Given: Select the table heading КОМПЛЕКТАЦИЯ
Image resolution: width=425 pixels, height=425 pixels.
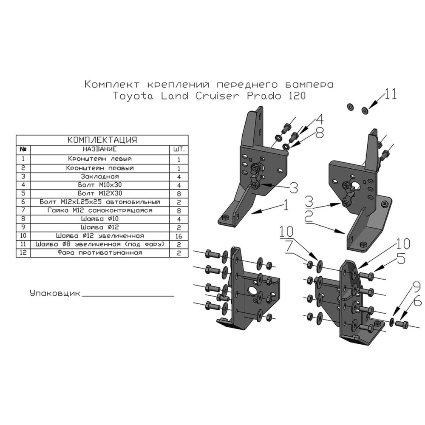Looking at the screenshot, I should (x=102, y=140).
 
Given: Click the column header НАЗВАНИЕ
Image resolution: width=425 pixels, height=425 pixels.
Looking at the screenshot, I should (x=99, y=150).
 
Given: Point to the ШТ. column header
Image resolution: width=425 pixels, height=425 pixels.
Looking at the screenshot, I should (x=179, y=150).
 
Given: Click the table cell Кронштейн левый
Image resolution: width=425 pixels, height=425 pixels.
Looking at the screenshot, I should (x=99, y=159).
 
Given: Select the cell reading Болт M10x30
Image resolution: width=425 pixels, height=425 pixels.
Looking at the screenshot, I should (x=99, y=184).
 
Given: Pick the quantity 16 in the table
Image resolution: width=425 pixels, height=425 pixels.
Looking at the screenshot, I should (x=179, y=235).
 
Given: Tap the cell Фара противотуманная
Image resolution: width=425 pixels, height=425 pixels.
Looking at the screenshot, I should (x=99, y=252).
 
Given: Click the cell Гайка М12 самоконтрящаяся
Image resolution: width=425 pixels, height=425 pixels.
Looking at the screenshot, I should (x=99, y=210).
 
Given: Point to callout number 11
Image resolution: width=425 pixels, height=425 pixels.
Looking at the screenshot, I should (x=391, y=94).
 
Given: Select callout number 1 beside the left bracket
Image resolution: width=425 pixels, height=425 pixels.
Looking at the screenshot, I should (x=286, y=206).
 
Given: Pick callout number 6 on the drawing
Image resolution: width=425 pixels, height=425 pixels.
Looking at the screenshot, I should (x=417, y=302).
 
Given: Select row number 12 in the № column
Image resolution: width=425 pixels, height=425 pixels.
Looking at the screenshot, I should (x=24, y=252).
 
